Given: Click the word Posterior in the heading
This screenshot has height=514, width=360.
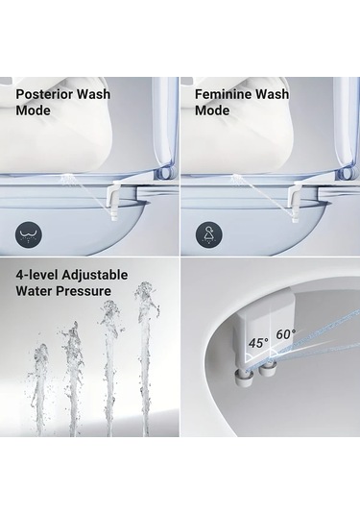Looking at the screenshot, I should pos(45,95).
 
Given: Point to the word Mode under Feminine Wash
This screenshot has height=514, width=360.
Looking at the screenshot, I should pos(213,110).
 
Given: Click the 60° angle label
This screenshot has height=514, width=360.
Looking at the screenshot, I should pos(287,334).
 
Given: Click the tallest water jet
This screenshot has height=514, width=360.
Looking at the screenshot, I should pos(145,355).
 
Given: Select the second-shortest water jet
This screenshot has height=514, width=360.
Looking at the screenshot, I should pos(71,379).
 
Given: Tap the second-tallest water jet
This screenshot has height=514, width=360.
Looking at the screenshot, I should pos(108,365).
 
